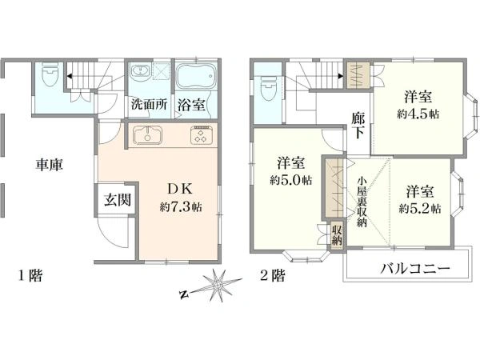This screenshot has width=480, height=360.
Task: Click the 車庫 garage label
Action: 50,165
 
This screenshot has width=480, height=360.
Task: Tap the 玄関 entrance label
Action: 118,200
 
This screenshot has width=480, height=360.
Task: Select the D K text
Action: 180,190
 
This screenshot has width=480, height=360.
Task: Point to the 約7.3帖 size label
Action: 181,207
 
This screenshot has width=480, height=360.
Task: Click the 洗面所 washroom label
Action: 149,104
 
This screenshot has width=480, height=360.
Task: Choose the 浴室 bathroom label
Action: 191,105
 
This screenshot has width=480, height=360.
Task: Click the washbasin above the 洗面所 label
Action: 141,71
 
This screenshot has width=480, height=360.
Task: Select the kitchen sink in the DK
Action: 147,135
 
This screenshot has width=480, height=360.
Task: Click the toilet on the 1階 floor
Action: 50,74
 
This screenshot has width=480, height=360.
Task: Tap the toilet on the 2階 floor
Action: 269,88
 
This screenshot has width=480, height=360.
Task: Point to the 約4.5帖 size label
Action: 418,114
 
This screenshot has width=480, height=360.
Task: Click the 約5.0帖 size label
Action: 290,180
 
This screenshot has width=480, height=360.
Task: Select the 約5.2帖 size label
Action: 420,209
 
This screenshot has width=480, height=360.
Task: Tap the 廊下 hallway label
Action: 358,126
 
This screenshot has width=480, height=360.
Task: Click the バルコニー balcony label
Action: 415,269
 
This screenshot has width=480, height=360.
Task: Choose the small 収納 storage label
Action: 337,235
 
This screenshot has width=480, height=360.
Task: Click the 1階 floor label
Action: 30,275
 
